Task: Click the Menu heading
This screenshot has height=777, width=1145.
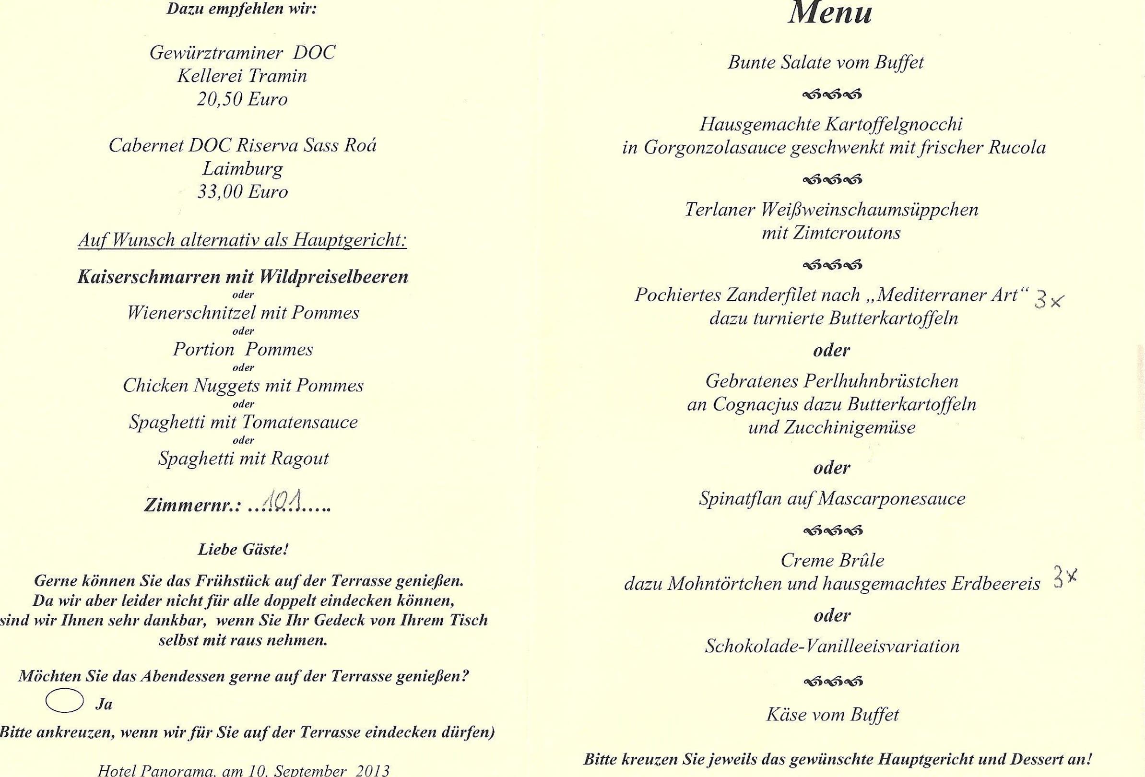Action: click(x=831, y=13)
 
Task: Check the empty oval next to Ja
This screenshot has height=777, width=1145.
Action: click(x=65, y=701)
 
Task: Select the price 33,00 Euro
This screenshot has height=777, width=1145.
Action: click(x=242, y=192)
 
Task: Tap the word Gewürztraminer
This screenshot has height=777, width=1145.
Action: click(x=215, y=53)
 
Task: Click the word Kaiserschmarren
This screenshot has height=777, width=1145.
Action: click(x=149, y=277)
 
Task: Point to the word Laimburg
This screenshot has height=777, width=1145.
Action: click(x=242, y=169)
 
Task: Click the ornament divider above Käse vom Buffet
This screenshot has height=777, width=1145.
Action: click(x=833, y=682)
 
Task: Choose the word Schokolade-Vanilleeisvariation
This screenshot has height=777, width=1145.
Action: click(x=832, y=646)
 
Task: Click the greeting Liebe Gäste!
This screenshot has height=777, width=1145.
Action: click(x=243, y=549)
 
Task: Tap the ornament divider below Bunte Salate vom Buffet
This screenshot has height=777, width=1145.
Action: click(x=832, y=94)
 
